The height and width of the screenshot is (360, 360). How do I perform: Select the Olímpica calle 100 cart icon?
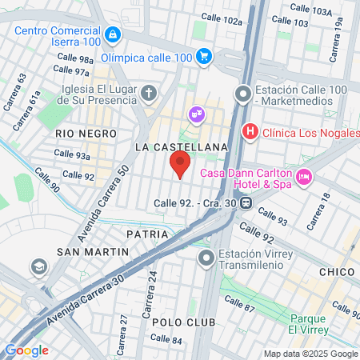click(x=204, y=57)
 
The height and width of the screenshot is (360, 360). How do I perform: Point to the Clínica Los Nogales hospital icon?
click(x=250, y=131)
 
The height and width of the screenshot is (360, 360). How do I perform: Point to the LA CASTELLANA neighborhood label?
click(x=182, y=147)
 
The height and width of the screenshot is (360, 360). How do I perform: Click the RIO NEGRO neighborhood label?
click(x=86, y=134)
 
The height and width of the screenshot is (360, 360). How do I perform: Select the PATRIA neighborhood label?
click(x=148, y=234)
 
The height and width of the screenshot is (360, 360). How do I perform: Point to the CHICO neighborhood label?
click(x=336, y=272)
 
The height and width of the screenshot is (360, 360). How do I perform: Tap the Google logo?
click(x=26, y=350)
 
